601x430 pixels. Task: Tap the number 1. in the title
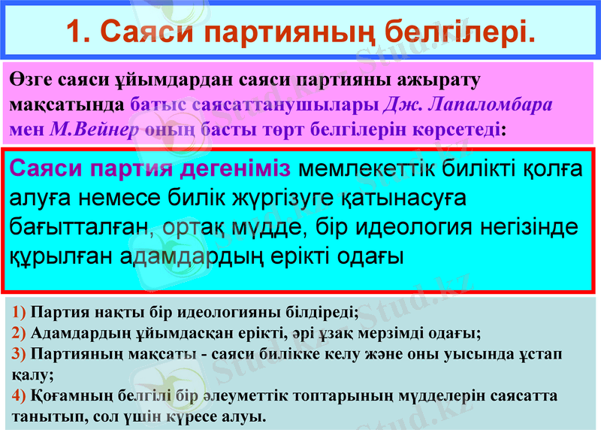[x=79, y=32]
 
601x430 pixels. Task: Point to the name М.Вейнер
[x=95, y=128]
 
